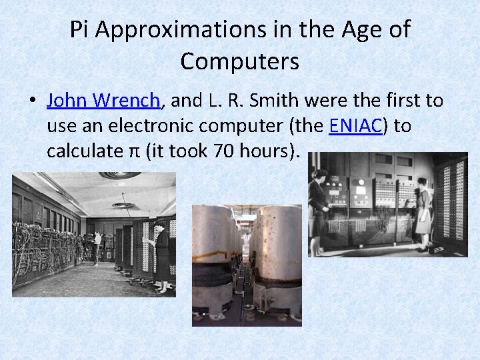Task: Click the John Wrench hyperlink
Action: (x=103, y=101)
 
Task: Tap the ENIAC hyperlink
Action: (x=355, y=126)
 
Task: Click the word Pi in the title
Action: (x=79, y=30)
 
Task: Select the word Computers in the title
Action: (x=239, y=61)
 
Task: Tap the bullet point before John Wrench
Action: (x=31, y=101)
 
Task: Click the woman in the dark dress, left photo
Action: (x=161, y=257)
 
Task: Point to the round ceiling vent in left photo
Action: (x=123, y=205)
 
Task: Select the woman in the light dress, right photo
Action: (x=423, y=213)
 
